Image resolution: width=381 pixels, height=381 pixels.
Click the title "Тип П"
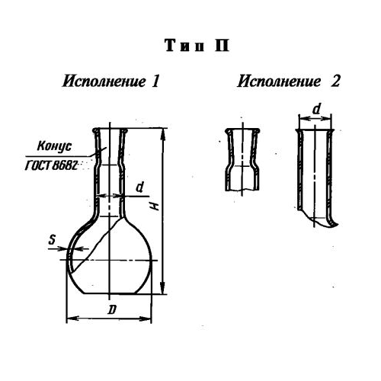click(197, 46)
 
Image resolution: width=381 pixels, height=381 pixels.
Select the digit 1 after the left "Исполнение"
click(155, 82)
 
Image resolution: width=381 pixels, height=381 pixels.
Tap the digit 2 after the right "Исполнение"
click(335, 82)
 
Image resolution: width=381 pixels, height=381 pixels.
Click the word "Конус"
click(54, 146)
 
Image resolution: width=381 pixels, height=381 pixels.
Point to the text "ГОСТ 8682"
click(51, 165)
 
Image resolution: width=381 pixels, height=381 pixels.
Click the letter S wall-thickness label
click(52, 239)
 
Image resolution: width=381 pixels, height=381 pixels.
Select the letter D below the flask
click(112, 309)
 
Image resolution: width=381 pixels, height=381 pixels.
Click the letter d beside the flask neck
click(139, 187)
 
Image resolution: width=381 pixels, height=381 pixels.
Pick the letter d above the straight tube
click(316, 109)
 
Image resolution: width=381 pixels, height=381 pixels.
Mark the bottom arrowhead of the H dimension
click(164, 288)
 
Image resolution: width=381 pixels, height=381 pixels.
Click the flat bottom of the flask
click(110, 293)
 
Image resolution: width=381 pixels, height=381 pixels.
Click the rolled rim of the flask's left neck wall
click(95, 131)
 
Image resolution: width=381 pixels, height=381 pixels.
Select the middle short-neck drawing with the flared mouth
click(242, 159)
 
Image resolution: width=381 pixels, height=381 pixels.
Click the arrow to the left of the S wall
click(58, 248)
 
